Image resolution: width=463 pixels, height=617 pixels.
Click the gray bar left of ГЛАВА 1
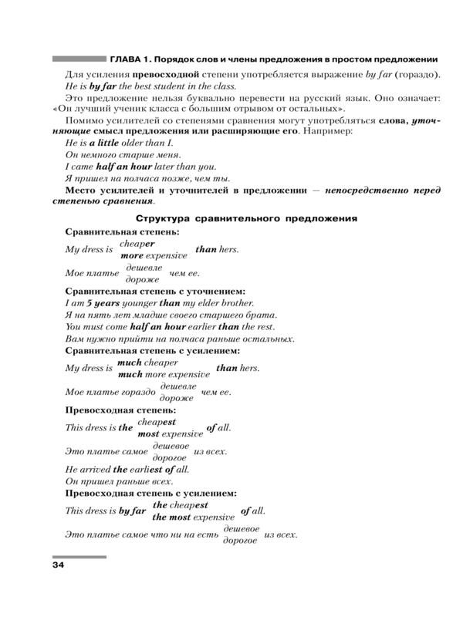77,59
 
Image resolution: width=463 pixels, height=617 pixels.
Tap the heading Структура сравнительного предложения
246,218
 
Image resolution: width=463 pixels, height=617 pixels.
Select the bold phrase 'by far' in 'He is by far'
101,86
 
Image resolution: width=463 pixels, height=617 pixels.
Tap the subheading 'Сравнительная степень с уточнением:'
155,291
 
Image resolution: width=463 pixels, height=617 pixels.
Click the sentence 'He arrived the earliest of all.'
127,468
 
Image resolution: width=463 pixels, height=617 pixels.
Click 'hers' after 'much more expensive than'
250,368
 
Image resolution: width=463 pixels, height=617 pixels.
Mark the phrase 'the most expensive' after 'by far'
193,517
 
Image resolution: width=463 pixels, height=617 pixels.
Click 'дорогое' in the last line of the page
239,541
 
